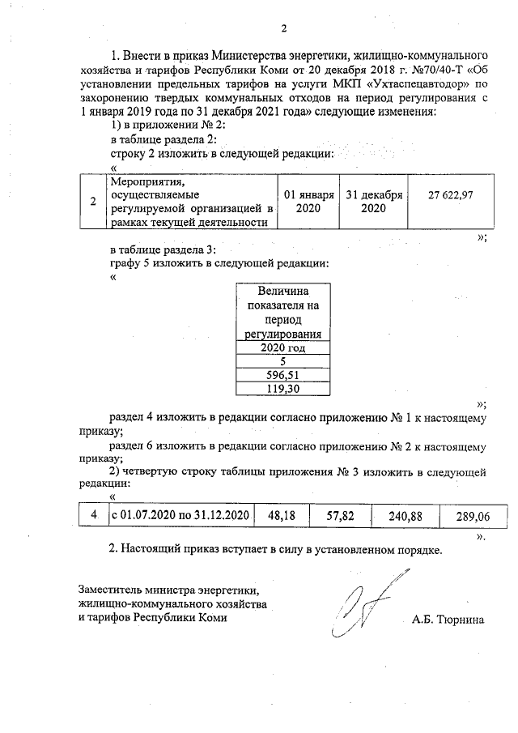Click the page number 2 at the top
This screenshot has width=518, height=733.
[284, 30]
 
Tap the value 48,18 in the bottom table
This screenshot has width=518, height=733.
[278, 515]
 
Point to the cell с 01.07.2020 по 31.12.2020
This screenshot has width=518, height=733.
[179, 515]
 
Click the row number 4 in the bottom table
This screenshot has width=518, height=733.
[94, 515]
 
